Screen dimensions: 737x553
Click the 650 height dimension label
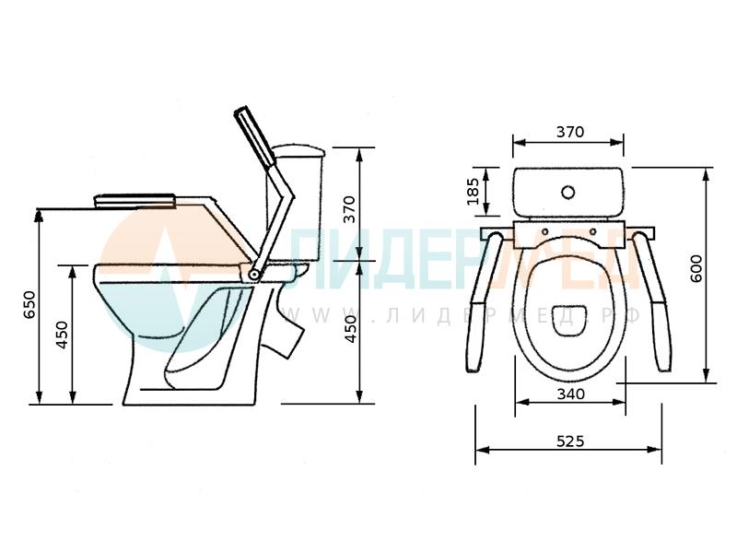(x=29, y=305)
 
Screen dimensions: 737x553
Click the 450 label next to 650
(x=62, y=335)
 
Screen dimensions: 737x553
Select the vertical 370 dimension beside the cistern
(x=349, y=209)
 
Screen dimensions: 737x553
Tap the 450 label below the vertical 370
(x=351, y=329)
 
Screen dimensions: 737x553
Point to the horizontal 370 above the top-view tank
(x=570, y=132)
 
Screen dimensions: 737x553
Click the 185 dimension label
(x=474, y=192)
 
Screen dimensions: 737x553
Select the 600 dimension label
(x=696, y=268)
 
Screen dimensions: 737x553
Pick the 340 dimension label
(x=570, y=394)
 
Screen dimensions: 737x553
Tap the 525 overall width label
(x=570, y=441)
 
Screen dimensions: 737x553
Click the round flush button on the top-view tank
(x=568, y=192)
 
